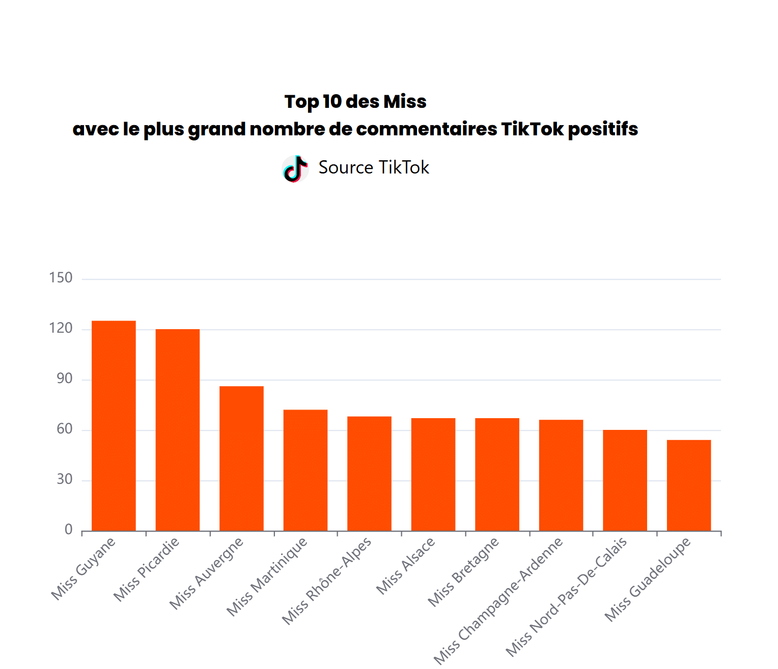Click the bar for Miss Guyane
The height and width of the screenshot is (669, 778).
pyautogui.click(x=114, y=426)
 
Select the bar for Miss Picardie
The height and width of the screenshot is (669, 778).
pyautogui.click(x=178, y=430)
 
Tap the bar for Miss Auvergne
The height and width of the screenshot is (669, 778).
pyautogui.click(x=241, y=458)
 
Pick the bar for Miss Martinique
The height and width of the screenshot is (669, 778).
pyautogui.click(x=305, y=470)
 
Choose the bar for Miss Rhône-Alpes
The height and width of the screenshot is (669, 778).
pyautogui.click(x=369, y=474)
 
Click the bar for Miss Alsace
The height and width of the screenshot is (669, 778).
pyautogui.click(x=433, y=474)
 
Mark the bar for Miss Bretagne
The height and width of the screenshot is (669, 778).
pyautogui.click(x=497, y=474)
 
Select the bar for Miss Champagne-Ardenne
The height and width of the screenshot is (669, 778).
pyautogui.click(x=561, y=475)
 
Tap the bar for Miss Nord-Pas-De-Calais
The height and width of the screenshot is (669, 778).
pyautogui.click(x=625, y=480)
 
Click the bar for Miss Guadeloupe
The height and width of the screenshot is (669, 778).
pyautogui.click(x=689, y=485)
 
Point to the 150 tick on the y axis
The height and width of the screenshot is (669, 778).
pyautogui.click(x=61, y=278)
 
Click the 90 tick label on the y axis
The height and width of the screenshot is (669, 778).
pyautogui.click(x=65, y=379)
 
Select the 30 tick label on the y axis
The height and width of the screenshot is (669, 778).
pyautogui.click(x=65, y=479)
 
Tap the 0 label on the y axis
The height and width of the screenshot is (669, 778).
pyautogui.click(x=69, y=530)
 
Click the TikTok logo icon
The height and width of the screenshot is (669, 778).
pyautogui.click(x=295, y=169)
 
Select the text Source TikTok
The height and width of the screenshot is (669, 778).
pyautogui.click(x=374, y=167)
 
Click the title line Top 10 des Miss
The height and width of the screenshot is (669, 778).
pyautogui.click(x=355, y=102)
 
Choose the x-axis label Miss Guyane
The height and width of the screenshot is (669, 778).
pyautogui.click(x=84, y=569)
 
